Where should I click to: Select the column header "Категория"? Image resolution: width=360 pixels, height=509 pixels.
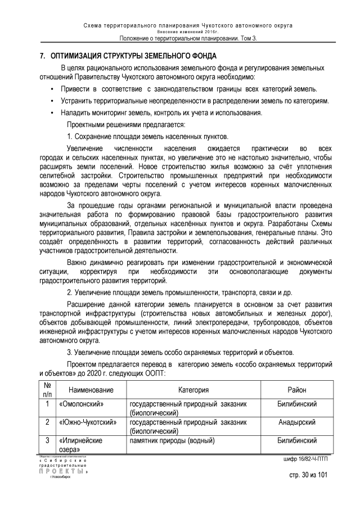coord(193,390)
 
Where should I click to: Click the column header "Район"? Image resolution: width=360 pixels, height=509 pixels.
coord(297,390)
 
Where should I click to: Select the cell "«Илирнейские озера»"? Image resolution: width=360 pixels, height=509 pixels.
coord(79,445)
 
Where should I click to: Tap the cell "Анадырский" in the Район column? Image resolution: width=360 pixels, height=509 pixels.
coord(297,422)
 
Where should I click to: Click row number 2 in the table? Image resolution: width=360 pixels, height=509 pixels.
coord(47,422)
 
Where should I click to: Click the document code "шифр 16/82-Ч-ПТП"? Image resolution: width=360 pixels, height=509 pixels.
coord(306,459)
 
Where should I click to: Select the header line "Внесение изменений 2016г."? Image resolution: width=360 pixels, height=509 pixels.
coord(179,33)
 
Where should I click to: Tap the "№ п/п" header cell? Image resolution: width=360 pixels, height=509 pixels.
coord(47,390)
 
